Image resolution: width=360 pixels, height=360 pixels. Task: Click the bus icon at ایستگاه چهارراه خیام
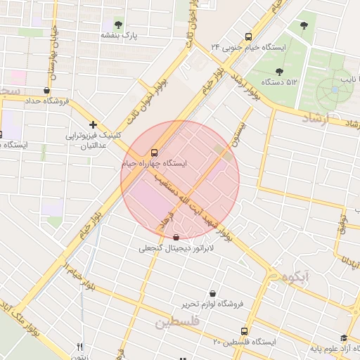tap(154, 152)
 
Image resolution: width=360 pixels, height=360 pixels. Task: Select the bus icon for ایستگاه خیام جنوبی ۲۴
tap(247, 37)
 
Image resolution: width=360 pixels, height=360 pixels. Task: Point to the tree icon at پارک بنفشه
tap(118, 25)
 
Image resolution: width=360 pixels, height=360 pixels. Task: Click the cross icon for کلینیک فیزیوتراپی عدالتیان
tap(93, 124)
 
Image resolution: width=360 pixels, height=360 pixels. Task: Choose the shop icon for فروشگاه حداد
tap(46, 90)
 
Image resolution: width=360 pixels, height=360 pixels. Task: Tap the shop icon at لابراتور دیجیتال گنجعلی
tap(175, 238)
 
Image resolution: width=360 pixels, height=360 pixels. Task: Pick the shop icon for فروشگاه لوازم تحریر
tap(212, 293)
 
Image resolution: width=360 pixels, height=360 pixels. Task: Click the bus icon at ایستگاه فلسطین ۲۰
tap(244, 331)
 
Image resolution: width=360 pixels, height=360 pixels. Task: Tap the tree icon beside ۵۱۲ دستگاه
tap(280, 71)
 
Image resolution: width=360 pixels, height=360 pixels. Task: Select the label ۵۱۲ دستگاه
tap(280, 82)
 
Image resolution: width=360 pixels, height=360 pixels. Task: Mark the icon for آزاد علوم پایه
tap(343, 338)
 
